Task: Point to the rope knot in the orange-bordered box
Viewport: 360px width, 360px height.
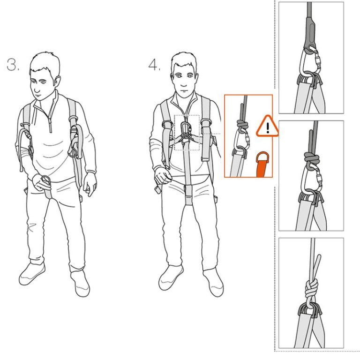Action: [242, 125]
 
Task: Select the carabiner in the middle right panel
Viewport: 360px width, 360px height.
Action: [311, 180]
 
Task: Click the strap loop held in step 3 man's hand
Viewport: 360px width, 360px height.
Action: [45, 180]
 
